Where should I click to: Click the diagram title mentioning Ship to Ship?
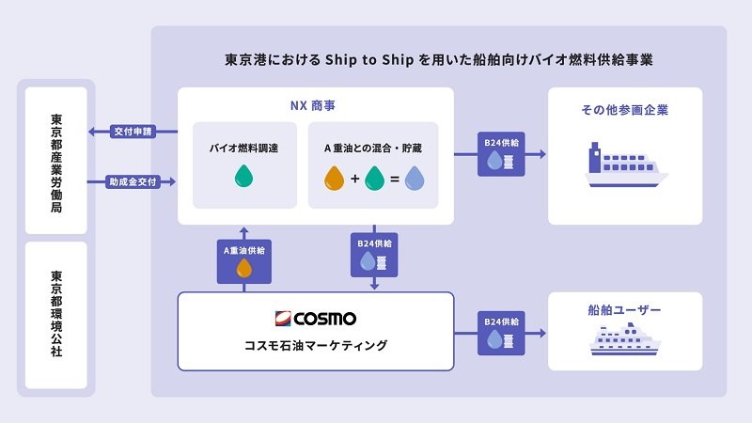[x=439, y=58]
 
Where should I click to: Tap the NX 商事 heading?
[x=316, y=108]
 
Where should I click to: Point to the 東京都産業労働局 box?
[x=56, y=161]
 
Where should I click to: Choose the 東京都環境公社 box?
[x=56, y=315]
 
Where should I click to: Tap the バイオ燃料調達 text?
[x=243, y=148]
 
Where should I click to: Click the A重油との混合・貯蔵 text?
[x=373, y=148]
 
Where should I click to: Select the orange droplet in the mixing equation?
[x=335, y=178]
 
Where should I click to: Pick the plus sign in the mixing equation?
[x=354, y=179]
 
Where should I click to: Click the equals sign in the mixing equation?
[x=395, y=179]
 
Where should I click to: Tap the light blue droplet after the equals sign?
[x=415, y=178]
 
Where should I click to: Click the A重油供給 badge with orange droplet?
[x=243, y=259]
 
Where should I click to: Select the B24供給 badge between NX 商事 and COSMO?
[x=374, y=254]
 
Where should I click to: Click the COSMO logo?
[x=316, y=318]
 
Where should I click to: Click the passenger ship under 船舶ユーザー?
[x=624, y=339]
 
